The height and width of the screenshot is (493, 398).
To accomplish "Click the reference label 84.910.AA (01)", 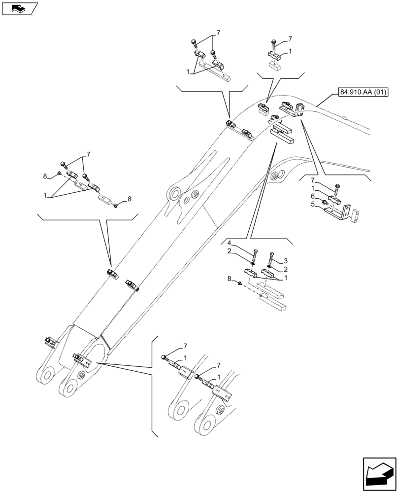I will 364,91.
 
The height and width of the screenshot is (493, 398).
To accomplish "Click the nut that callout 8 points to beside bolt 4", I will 239,283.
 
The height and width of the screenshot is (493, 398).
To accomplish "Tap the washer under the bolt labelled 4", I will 252,264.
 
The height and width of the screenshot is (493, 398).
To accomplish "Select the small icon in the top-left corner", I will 20,8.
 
